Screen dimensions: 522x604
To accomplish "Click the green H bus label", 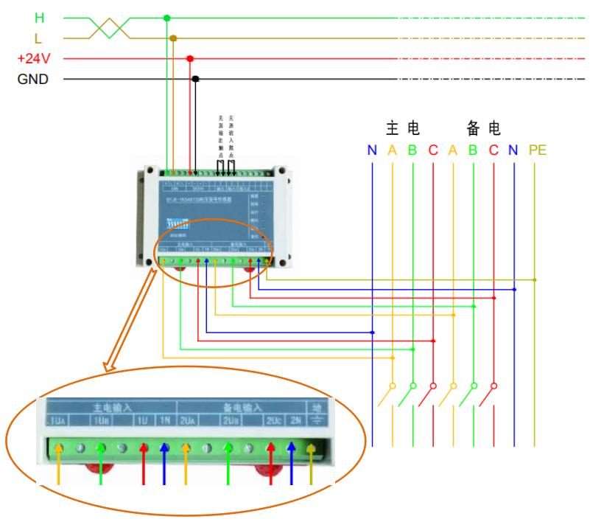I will (40, 18).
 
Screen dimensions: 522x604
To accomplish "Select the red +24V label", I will (34, 58).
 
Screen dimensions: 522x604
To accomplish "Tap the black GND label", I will (33, 79).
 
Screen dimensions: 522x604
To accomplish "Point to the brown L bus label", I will (38, 38).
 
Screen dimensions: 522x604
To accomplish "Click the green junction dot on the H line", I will (166, 18).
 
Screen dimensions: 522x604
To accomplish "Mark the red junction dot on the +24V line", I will (190, 58).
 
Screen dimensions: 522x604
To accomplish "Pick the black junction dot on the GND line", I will (195, 79).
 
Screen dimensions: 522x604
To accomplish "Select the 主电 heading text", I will (403, 129).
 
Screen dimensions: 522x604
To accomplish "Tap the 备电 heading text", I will (484, 129).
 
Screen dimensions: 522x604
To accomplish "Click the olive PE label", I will (537, 150).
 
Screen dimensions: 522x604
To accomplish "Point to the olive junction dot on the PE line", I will (535, 280).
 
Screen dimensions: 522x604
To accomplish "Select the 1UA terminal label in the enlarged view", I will (59, 421).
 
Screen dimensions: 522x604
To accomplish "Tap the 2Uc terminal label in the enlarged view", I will (274, 421).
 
